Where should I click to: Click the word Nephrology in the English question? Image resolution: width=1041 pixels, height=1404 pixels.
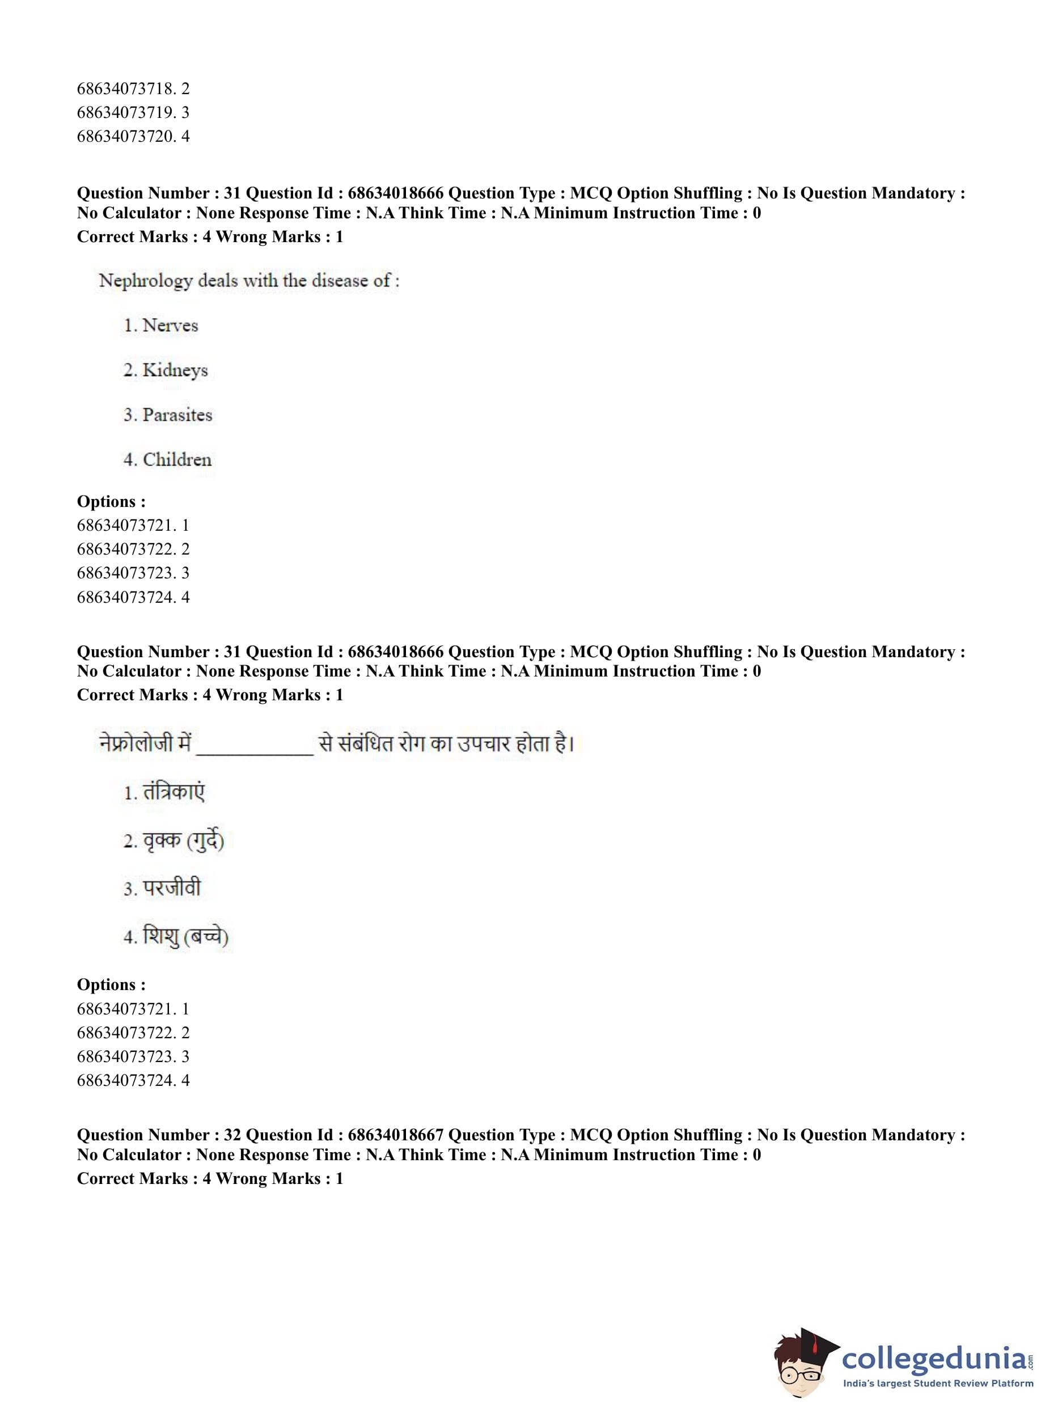(146, 281)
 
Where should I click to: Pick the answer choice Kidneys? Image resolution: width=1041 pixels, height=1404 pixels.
(175, 370)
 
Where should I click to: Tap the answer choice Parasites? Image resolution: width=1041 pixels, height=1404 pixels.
(177, 415)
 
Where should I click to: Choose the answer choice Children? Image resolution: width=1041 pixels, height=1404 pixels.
(177, 459)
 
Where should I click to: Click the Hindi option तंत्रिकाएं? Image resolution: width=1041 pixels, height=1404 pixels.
(173, 792)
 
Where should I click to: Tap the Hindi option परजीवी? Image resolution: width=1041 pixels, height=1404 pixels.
(171, 889)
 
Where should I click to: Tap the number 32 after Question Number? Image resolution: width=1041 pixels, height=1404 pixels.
(232, 1135)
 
